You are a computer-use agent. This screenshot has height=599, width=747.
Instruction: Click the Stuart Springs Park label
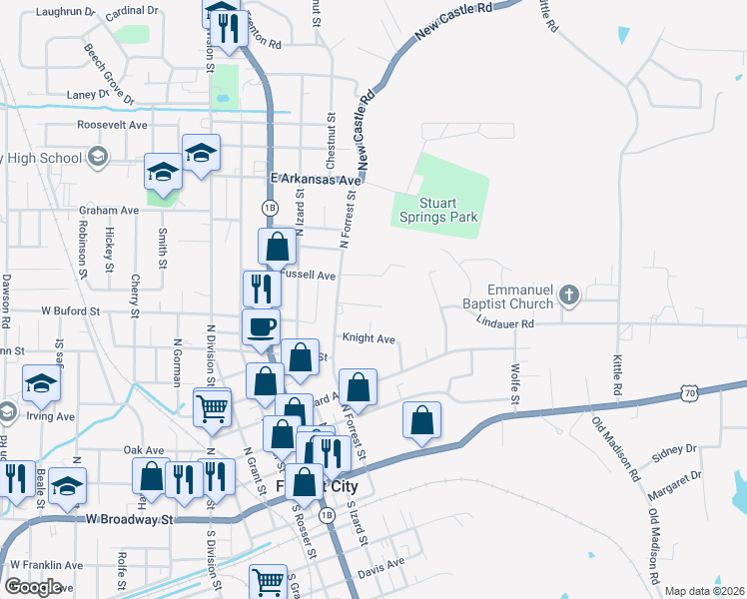(438, 210)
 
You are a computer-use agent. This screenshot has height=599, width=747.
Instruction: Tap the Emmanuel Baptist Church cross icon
(568, 295)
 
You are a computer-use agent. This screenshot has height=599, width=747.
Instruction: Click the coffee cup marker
(262, 327)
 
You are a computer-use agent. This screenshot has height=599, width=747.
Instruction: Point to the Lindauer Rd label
(505, 323)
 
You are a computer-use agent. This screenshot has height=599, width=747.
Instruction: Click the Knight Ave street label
(369, 338)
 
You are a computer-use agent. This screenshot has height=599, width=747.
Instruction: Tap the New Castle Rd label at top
(454, 22)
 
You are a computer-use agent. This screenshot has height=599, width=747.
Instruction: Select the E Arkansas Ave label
(316, 180)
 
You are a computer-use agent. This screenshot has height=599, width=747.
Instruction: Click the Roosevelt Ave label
(113, 126)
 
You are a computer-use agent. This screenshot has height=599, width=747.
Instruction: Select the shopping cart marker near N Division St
(212, 407)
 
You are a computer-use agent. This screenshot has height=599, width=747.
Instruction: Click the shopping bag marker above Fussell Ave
(277, 247)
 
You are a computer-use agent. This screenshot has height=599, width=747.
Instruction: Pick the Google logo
(33, 587)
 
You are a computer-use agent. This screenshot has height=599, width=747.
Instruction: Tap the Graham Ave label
(109, 211)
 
